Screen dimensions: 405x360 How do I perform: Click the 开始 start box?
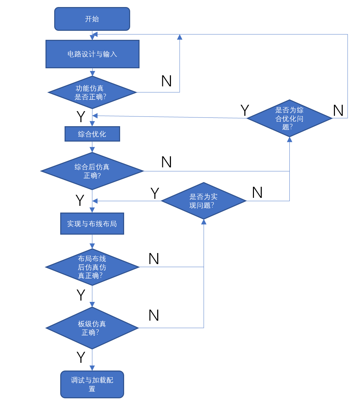click(x=92, y=19)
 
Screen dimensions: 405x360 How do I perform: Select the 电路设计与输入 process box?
click(x=92, y=54)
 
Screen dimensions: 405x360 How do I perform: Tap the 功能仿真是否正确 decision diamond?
click(x=92, y=92)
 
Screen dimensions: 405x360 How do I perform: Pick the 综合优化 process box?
click(x=92, y=134)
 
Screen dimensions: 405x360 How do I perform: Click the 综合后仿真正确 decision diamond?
click(x=92, y=171)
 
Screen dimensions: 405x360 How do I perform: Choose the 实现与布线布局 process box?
click(x=92, y=224)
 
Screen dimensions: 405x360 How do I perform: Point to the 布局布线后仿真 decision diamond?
click(x=92, y=267)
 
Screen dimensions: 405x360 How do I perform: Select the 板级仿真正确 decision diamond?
click(x=92, y=328)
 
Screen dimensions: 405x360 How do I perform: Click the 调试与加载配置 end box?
click(x=92, y=384)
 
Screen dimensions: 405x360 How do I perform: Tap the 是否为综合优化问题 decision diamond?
click(x=289, y=118)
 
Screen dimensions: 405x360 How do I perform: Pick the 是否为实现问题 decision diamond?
click(x=203, y=201)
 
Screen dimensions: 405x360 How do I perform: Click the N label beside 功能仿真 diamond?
click(x=166, y=81)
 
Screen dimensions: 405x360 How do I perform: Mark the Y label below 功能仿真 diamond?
click(x=81, y=116)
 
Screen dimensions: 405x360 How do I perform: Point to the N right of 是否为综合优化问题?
click(x=338, y=110)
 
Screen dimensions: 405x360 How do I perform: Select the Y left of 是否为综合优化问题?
click(x=245, y=110)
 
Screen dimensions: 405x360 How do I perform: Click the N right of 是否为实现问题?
click(x=257, y=192)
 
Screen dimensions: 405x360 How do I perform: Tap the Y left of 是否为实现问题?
click(x=155, y=193)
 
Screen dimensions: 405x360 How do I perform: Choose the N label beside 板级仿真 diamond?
click(x=154, y=315)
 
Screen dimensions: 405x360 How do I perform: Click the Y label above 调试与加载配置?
click(x=81, y=357)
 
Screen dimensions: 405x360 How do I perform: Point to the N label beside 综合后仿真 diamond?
click(x=166, y=162)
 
